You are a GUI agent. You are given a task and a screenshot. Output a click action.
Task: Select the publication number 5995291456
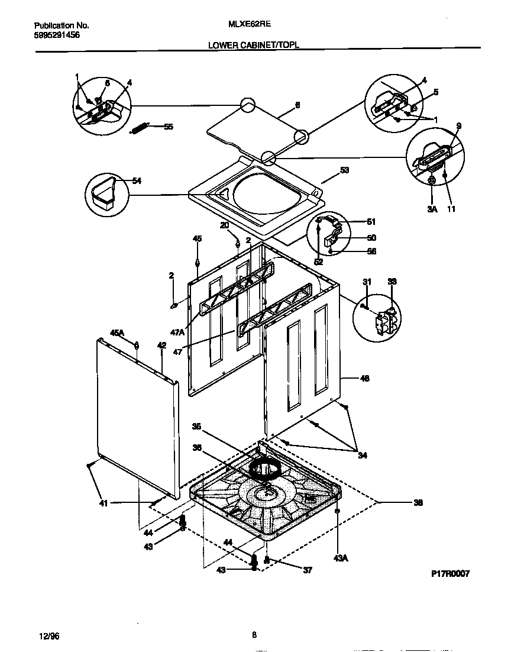57,35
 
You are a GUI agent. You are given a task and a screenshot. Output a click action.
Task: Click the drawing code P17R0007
450,573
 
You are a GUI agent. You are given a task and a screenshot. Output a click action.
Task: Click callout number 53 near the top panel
345,170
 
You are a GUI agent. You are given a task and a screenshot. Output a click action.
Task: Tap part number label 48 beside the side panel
364,378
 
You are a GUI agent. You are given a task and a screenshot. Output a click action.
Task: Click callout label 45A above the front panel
117,333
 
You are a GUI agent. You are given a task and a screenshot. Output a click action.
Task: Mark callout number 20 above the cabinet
224,225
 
